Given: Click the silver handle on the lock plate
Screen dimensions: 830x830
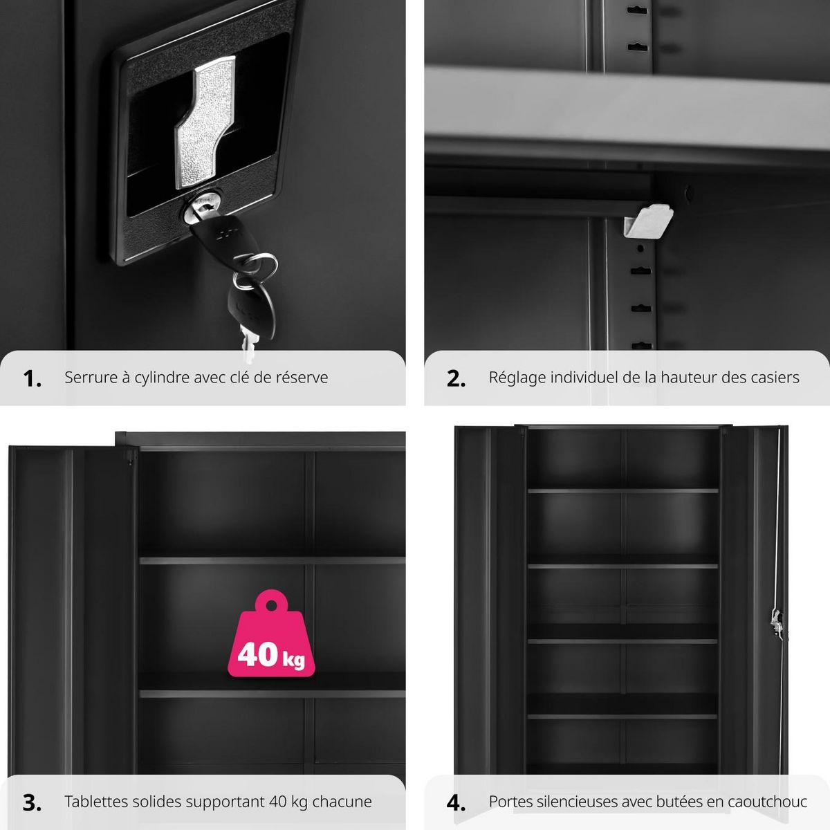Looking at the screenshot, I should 205,124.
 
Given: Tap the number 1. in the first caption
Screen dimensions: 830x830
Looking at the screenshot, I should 33,378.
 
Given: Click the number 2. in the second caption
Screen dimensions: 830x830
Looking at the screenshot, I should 456,378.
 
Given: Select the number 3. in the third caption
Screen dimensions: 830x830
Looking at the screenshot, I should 33,802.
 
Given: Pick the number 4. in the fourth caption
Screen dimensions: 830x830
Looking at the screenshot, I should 456,802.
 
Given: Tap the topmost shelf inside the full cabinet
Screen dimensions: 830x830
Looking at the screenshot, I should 623,491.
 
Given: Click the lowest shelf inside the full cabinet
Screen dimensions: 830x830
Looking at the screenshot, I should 623,716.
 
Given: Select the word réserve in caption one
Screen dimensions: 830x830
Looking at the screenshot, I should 304,378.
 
